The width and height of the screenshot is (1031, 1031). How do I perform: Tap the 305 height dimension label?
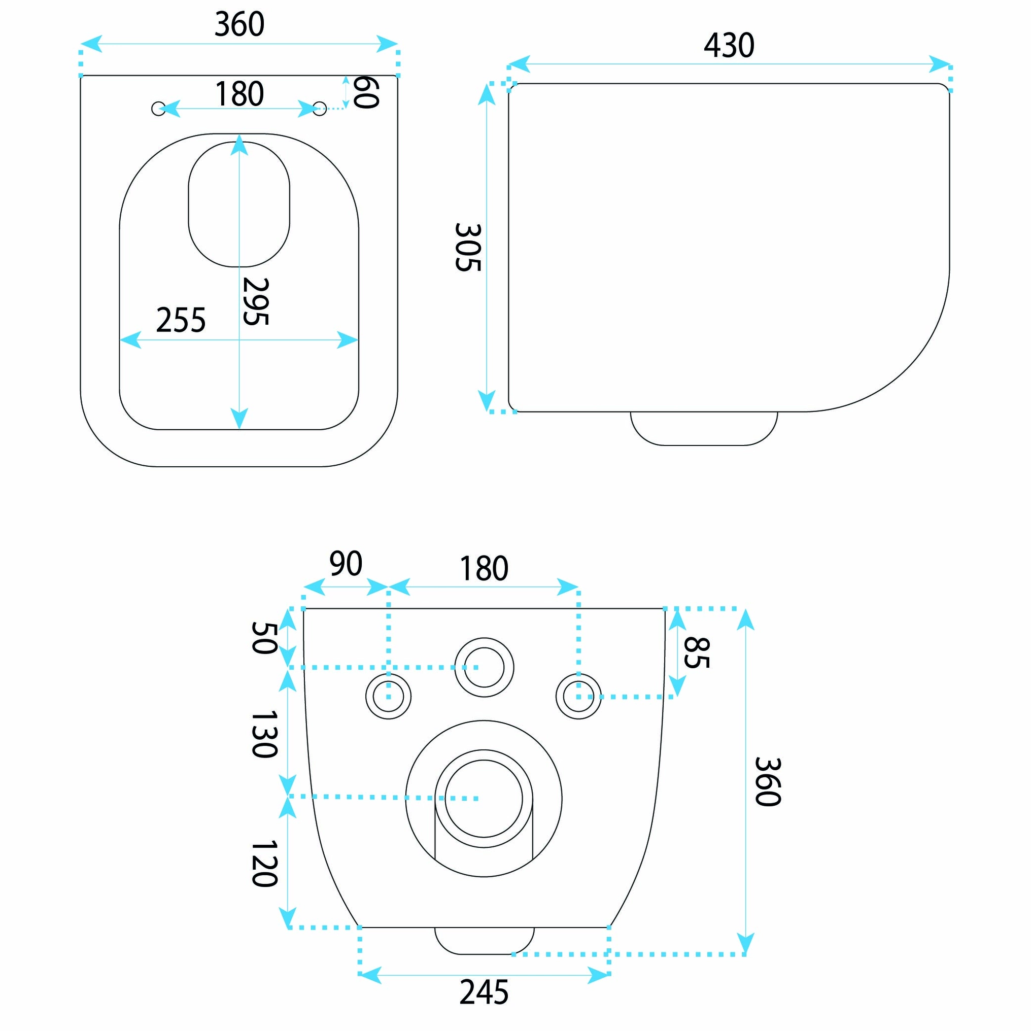click(468, 247)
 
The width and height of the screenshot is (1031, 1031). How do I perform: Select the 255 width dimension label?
click(181, 320)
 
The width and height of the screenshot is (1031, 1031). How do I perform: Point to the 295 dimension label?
click(256, 301)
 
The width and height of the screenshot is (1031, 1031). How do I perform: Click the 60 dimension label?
click(366, 92)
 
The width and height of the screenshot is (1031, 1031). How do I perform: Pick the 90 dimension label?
click(346, 564)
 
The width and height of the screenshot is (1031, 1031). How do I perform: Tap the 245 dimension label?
click(484, 992)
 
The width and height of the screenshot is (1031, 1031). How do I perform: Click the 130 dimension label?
click(264, 734)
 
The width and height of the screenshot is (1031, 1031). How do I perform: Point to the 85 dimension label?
click(697, 652)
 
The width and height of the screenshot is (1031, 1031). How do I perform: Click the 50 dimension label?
click(264, 638)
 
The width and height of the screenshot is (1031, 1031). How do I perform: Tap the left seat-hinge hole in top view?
click(158, 109)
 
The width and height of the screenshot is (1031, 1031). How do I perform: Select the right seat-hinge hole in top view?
click(319, 109)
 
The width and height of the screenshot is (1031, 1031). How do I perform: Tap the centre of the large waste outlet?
click(484, 799)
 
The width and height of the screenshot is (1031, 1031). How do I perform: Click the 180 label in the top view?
click(239, 94)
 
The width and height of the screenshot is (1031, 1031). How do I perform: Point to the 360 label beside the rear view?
click(769, 782)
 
